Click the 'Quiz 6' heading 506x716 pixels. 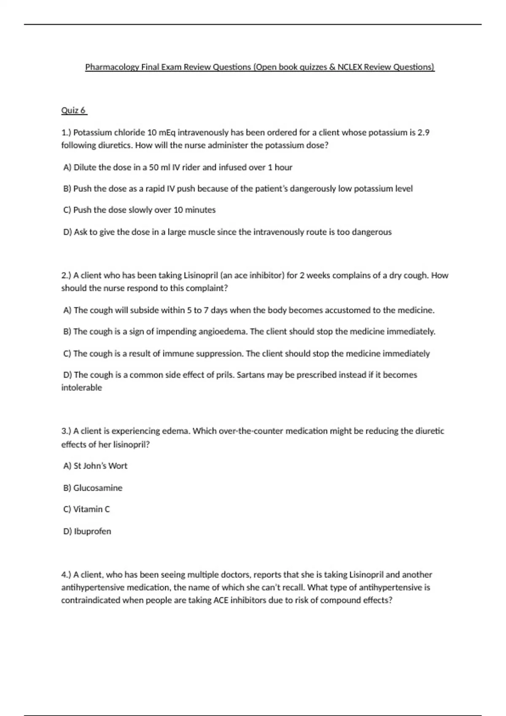click(x=74, y=110)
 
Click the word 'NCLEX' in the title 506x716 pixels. click(x=350, y=67)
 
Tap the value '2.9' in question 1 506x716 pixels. click(x=423, y=133)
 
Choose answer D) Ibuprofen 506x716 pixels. click(x=87, y=531)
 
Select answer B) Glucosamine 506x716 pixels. click(x=93, y=488)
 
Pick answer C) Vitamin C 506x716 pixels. click(x=86, y=509)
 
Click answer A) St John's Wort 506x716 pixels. click(x=95, y=466)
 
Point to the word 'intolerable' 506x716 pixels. click(x=82, y=387)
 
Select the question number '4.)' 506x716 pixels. click(x=66, y=574)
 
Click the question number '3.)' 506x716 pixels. click(x=66, y=431)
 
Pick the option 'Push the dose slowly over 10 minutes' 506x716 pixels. click(x=140, y=210)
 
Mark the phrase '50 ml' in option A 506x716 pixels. click(x=160, y=167)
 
